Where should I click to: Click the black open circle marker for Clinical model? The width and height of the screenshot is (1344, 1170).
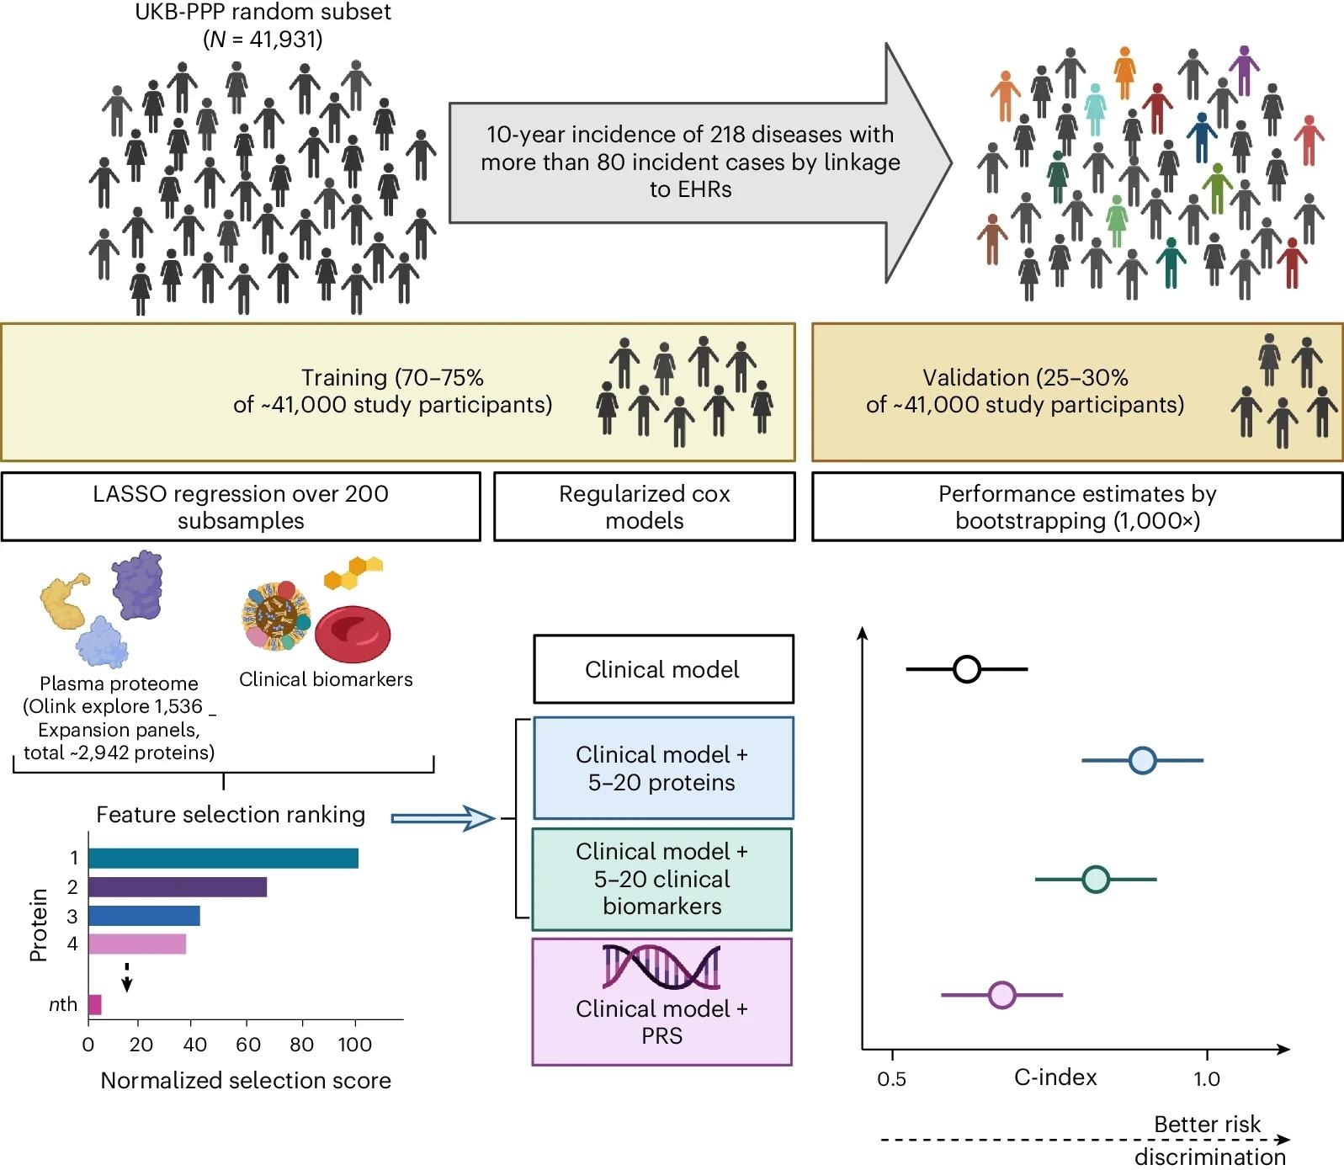pos(967,669)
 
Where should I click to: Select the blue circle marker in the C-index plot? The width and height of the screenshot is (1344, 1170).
pos(1141,760)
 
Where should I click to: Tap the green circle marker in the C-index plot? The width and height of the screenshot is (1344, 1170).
pos(1095,880)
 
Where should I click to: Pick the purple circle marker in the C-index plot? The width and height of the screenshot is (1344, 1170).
pos(1001,995)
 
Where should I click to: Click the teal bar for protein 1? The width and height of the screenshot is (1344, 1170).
pos(223,859)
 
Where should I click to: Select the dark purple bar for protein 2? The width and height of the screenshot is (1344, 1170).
pos(177,887)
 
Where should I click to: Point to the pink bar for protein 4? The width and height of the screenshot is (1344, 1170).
pos(136,944)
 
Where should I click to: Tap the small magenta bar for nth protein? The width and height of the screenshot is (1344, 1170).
pos(94,1004)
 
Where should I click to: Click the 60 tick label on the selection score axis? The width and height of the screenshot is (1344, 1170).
pos(248,1045)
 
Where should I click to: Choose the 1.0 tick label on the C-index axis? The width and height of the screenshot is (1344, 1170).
pos(1206,1079)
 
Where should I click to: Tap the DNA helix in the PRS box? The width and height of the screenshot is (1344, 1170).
pos(661,966)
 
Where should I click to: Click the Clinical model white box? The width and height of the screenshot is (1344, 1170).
pos(663,669)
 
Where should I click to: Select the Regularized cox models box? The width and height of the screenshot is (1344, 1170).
pos(644,507)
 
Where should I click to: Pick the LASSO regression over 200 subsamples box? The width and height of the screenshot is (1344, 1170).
pos(241,507)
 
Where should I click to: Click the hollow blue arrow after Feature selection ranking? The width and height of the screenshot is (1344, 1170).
pos(443,817)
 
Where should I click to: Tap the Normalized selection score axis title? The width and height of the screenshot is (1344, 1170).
pos(246,1081)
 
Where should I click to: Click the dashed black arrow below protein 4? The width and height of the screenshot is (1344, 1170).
pos(126,978)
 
